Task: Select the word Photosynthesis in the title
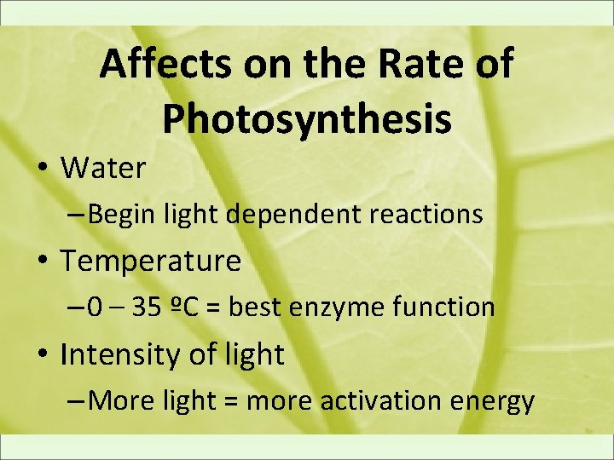307,119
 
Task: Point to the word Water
103,169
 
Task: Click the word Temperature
151,262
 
